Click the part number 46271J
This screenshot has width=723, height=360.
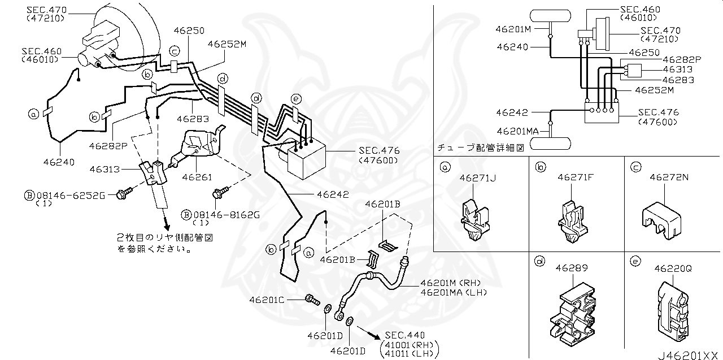(x=478, y=178)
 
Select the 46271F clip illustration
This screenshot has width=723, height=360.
(x=573, y=222)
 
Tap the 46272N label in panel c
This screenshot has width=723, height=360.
(x=669, y=177)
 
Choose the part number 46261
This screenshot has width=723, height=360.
(x=197, y=177)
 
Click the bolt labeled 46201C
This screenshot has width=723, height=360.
(x=312, y=300)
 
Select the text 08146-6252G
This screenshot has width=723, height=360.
(x=71, y=196)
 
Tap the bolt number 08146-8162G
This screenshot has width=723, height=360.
(x=227, y=215)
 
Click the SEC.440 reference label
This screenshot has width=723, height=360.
(x=404, y=335)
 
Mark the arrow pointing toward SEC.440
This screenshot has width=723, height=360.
(x=369, y=332)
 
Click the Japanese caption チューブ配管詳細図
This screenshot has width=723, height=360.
(x=481, y=148)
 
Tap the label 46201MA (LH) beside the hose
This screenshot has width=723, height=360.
(x=454, y=293)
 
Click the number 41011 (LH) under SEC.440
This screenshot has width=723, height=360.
(x=410, y=354)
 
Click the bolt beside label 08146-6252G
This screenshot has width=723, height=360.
(x=125, y=193)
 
